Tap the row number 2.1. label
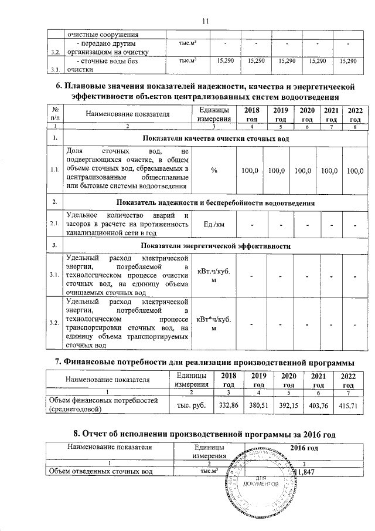click(x=54, y=224)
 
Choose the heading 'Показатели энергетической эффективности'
click(x=216, y=246)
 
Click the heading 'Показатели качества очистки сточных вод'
click(x=216, y=138)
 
